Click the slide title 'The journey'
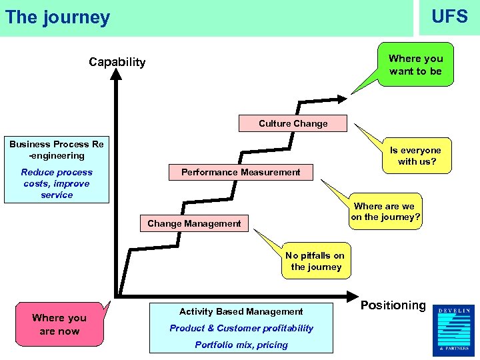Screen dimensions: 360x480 (57, 17)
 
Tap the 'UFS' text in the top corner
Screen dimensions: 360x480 (449, 17)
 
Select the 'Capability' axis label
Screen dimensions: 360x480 (117, 62)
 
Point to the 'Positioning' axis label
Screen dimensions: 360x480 (393, 305)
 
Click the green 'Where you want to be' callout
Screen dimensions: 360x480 (415, 65)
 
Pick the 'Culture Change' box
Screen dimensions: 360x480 (293, 123)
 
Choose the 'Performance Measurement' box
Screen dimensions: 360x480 (241, 172)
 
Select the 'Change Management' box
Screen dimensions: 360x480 (194, 223)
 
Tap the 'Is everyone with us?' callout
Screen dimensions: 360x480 (415, 156)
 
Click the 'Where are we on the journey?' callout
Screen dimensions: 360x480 (386, 211)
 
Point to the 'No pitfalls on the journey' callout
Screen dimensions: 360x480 (315, 261)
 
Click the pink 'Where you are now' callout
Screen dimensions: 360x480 (59, 325)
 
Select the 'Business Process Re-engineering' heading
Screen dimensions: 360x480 (56, 150)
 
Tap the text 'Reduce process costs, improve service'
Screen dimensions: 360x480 (56, 183)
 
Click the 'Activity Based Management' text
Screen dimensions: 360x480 (241, 311)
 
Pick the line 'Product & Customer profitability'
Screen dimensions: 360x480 (241, 328)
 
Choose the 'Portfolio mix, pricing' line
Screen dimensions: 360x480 (241, 345)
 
